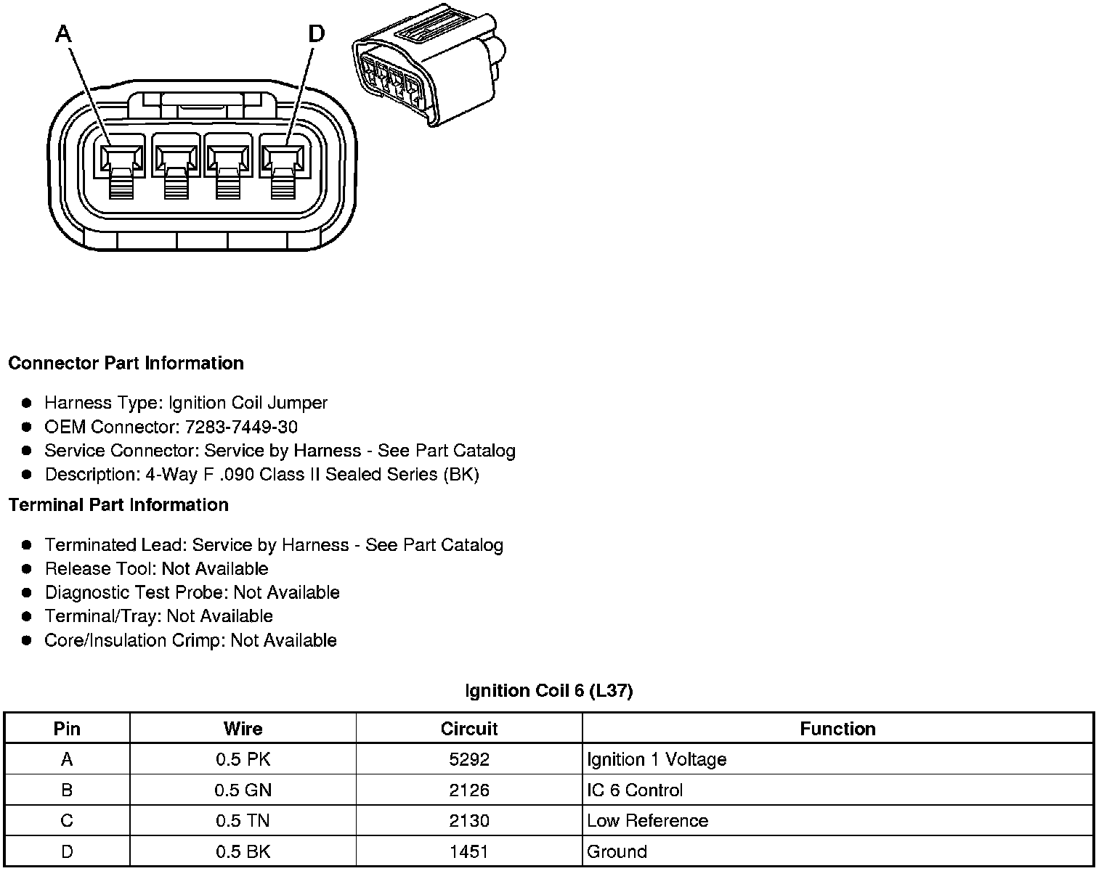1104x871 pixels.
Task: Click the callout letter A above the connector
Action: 65,33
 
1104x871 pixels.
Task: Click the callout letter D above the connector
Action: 317,33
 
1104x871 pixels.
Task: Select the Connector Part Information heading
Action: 126,363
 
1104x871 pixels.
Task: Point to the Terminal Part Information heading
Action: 118,504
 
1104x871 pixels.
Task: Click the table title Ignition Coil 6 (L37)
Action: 549,690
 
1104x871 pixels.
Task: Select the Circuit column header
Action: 469,729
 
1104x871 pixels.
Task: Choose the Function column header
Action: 837,729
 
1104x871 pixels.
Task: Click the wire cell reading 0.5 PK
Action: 243,759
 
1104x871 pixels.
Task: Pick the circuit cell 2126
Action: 469,790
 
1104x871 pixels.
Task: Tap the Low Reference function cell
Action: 647,821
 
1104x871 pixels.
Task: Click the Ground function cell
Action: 617,851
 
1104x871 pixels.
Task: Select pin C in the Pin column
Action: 67,821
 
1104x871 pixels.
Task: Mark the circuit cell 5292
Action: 469,759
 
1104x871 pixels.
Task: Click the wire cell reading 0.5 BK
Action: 243,851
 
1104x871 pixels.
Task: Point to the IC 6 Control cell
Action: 635,790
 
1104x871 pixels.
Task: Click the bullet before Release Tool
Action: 27,568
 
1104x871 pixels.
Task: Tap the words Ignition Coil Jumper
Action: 248,403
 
